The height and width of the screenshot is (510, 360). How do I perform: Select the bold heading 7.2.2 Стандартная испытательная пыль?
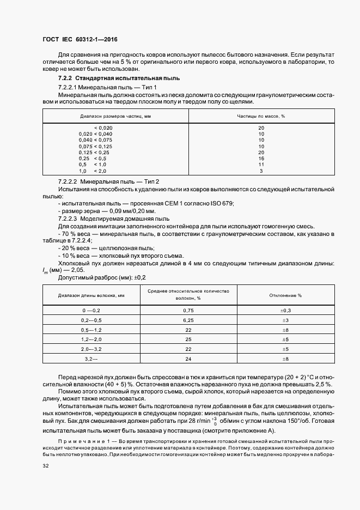[x=103, y=79]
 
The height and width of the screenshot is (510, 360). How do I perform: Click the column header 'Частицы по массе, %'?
[x=261, y=116]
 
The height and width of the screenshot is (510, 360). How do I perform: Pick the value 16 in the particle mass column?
[x=261, y=159]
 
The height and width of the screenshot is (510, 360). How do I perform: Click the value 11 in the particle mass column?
[x=261, y=165]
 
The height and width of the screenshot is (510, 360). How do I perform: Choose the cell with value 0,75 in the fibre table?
[x=189, y=310]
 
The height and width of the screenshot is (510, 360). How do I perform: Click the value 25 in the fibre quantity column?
[x=189, y=339]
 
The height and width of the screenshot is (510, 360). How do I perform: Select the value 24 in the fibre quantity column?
[x=189, y=359]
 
